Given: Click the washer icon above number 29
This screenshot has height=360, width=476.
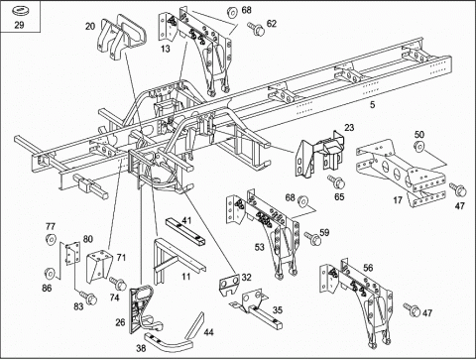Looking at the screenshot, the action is point(20,11).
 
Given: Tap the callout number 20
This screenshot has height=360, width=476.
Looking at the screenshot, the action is point(90,26).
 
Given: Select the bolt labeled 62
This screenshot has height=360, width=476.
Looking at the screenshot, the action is point(256,29).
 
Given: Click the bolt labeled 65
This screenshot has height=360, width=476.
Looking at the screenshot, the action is point(336,181).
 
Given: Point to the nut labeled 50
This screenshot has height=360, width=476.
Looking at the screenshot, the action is point(418,146).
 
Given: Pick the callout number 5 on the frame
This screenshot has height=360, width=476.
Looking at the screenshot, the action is point(373,105).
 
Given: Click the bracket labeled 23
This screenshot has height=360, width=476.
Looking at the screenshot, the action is point(320,153).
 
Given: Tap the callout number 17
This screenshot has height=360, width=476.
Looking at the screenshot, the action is point(398,200).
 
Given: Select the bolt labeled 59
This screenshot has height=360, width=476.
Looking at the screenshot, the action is point(312,238).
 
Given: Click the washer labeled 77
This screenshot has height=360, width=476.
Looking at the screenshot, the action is point(51,239).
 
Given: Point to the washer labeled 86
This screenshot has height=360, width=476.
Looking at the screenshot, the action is point(50,273).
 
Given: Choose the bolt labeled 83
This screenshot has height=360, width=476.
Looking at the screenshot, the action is point(88,298).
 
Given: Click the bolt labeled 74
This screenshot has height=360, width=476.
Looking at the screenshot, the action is point(118,284).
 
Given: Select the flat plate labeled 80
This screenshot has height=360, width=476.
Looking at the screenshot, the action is point(72,253).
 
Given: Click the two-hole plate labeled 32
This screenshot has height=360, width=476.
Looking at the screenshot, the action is point(229,284).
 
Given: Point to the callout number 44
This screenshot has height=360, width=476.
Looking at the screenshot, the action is point(208,332).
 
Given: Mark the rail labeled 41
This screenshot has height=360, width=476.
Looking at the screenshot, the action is point(185,233).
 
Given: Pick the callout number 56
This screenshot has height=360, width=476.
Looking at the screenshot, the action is point(368,268).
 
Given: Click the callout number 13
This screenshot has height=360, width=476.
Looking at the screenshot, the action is point(166,49).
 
